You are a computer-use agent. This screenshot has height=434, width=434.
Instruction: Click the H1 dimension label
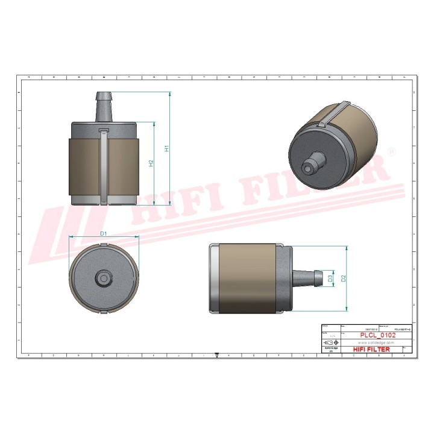pyautogui.click(x=167, y=148)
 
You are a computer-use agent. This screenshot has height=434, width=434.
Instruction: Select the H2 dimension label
pyautogui.click(x=151, y=163)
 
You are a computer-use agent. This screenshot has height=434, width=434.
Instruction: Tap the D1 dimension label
pyautogui.click(x=103, y=233)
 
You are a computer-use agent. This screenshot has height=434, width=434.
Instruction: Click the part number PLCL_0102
pyautogui.click(x=377, y=335)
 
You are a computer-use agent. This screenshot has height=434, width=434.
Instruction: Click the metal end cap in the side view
pyautogui.click(x=213, y=278)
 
